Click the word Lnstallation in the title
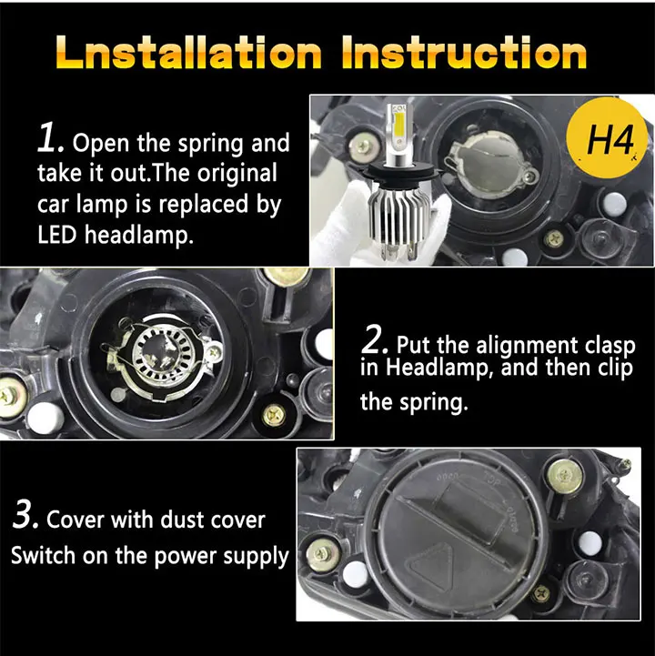click(x=188, y=52)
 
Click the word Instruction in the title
click(x=464, y=52)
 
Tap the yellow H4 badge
click(x=608, y=138)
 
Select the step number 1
click(x=51, y=137)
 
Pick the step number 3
click(x=26, y=515)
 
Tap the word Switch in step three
click(x=44, y=556)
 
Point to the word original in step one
click(x=237, y=174)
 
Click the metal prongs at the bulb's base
click(x=400, y=253)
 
